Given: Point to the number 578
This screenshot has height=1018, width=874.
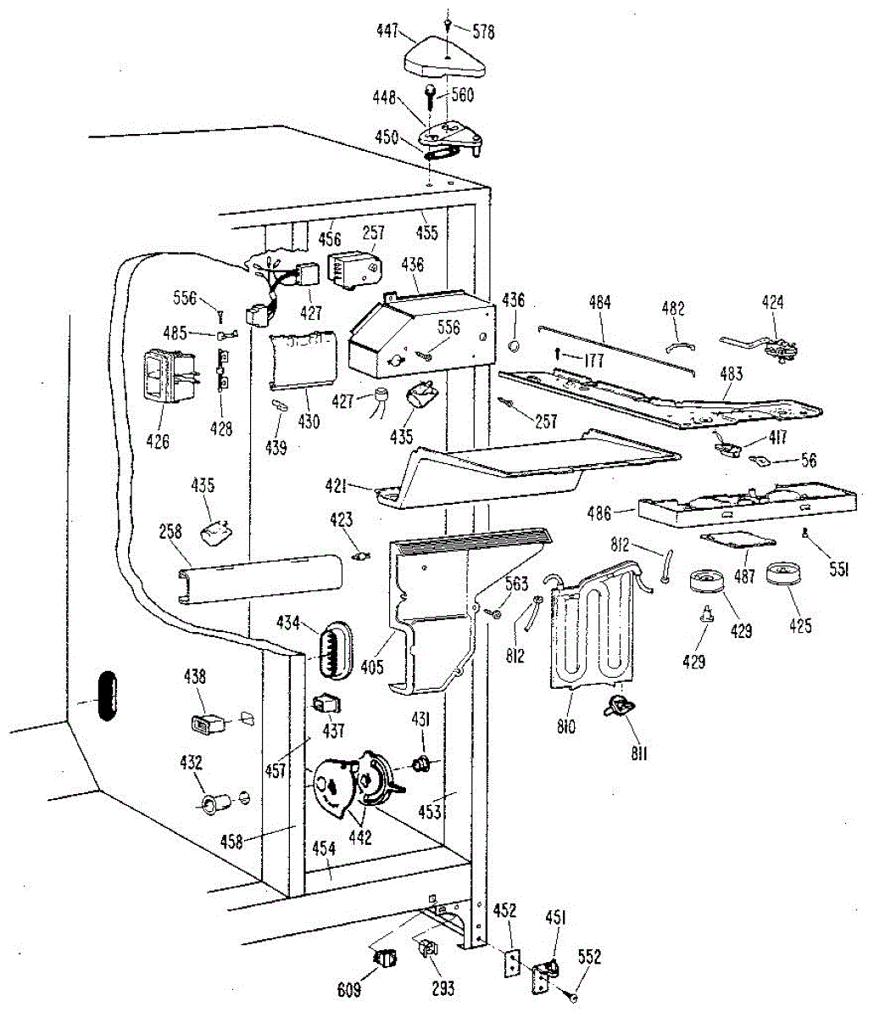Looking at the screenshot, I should [482, 33].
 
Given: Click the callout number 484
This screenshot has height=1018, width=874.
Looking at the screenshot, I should [600, 301].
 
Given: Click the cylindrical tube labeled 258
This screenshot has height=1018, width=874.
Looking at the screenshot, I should [259, 583].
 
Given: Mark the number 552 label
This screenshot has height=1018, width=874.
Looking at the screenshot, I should [589, 958].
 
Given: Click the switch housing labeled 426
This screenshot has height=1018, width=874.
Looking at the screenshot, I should [165, 374].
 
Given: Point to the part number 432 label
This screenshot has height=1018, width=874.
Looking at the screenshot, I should [192, 763].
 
